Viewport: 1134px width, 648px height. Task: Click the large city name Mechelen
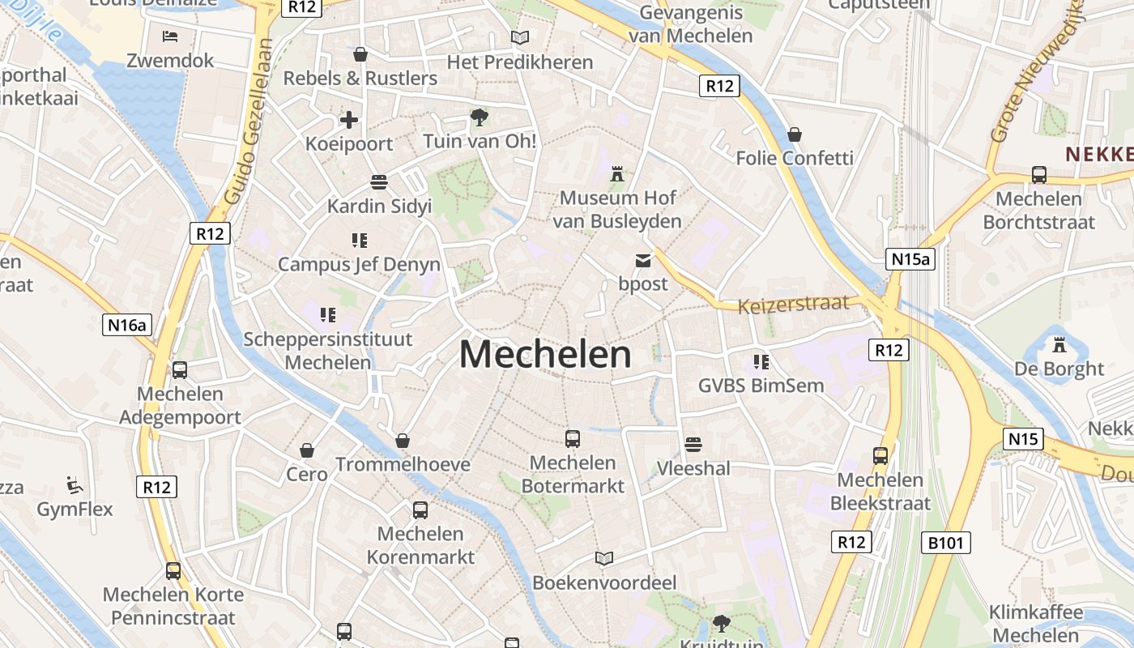[x=545, y=355]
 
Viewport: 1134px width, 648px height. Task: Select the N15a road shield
[x=910, y=259]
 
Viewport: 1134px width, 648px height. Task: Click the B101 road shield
[x=946, y=542]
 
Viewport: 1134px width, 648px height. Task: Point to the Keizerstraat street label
[x=793, y=305]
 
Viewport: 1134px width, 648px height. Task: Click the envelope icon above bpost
[x=643, y=261]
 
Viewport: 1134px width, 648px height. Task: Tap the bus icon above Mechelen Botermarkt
[x=573, y=439]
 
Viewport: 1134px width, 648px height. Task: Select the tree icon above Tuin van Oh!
[x=480, y=118]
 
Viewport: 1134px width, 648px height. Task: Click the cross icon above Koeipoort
[x=349, y=121]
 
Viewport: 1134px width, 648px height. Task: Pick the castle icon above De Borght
[x=1058, y=346]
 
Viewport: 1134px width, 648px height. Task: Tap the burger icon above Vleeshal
[x=693, y=445]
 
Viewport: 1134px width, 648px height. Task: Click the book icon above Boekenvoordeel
[x=603, y=558]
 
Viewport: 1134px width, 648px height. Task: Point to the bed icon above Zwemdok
[x=170, y=36]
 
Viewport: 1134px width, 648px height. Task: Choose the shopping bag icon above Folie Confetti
[x=795, y=134]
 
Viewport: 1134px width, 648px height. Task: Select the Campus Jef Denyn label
[x=359, y=265]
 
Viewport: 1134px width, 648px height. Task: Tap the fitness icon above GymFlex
[x=75, y=485]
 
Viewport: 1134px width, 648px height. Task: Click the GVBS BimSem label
[x=761, y=386]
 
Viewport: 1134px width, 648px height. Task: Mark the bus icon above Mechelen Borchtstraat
[x=1038, y=175]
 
